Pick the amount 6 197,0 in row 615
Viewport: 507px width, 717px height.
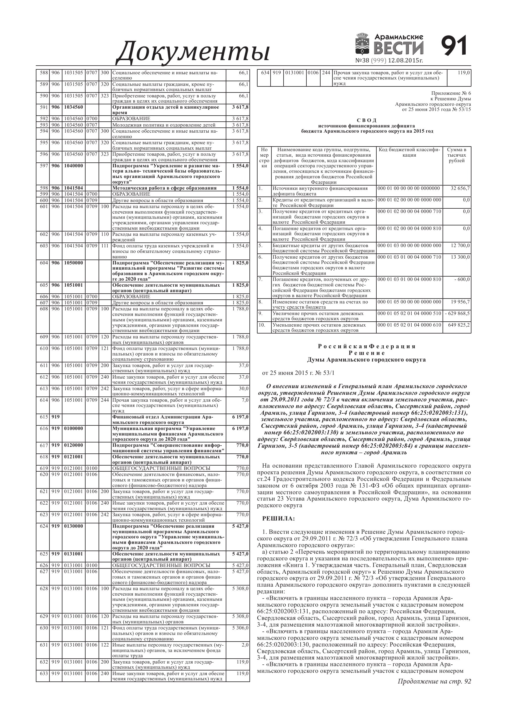tap(240, 417)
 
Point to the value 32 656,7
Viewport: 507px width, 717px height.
tap(460, 188)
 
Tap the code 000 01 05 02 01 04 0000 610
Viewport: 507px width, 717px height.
tap(409, 325)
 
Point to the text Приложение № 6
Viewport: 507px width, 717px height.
tap(451, 93)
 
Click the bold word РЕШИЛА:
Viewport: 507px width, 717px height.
tap(278, 519)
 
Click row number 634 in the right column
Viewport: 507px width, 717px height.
tap(265, 73)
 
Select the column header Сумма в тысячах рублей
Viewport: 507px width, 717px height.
tap(456, 155)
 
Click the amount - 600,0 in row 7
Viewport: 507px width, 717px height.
tap(462, 279)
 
